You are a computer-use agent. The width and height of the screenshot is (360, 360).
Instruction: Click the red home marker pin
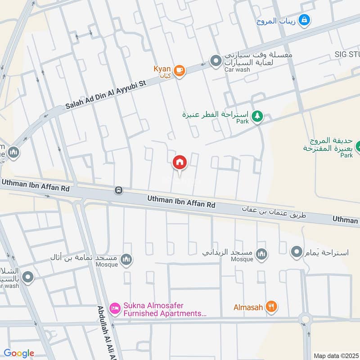180,162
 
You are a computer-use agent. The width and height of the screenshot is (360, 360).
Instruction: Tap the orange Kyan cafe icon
180,71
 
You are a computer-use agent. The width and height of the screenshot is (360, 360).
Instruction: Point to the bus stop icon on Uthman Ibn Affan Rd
119,190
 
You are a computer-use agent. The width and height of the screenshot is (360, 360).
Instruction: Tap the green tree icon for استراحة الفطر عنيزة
257,116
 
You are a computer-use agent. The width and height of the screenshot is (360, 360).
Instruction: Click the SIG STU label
346,54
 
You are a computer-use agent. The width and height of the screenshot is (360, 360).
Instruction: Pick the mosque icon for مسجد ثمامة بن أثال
127,259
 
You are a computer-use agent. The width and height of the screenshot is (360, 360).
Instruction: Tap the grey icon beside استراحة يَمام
297,252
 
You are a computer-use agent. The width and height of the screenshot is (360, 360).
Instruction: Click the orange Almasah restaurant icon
271,307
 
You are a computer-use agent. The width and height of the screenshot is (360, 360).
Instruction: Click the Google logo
19,353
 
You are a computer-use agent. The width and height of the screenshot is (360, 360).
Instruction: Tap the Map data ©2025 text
335,355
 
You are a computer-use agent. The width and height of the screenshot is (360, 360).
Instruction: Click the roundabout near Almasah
306,320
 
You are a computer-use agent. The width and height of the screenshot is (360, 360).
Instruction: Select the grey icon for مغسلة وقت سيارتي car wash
216,60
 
